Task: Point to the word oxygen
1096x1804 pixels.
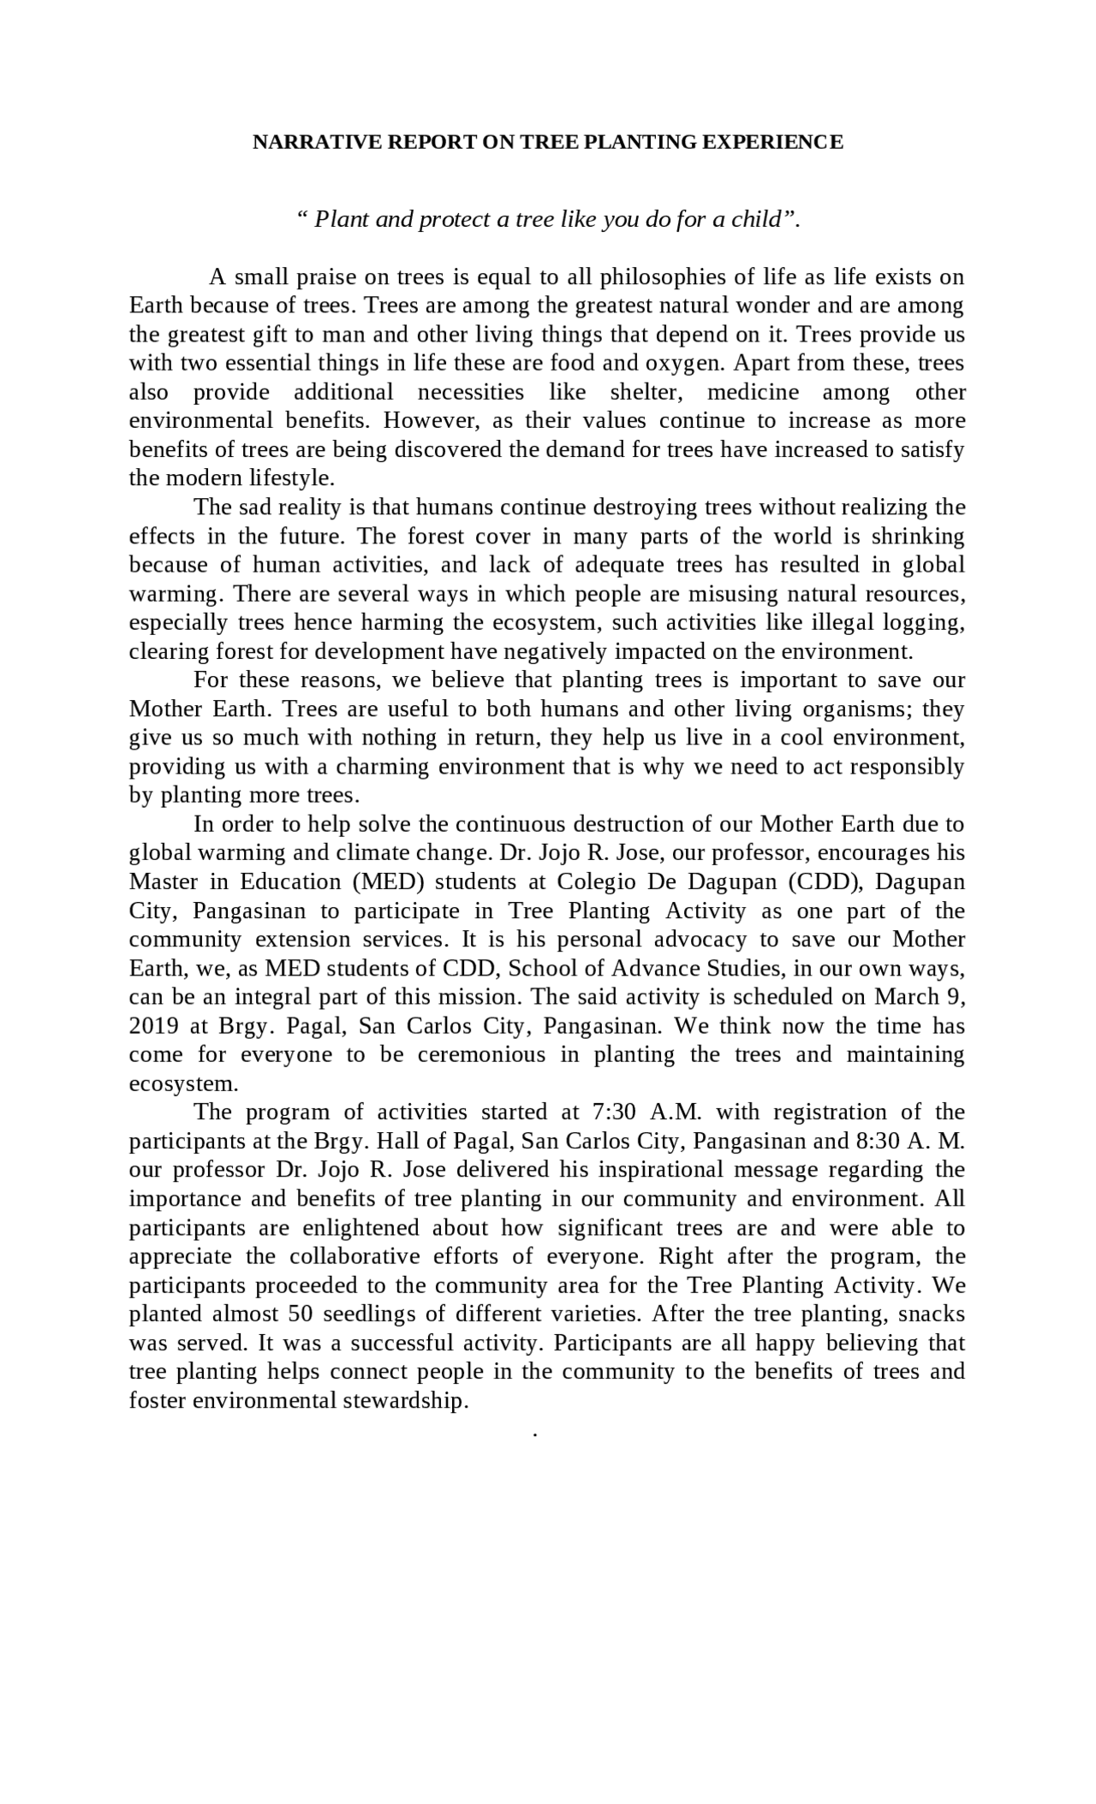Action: (685, 364)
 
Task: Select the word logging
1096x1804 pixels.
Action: (928, 623)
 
